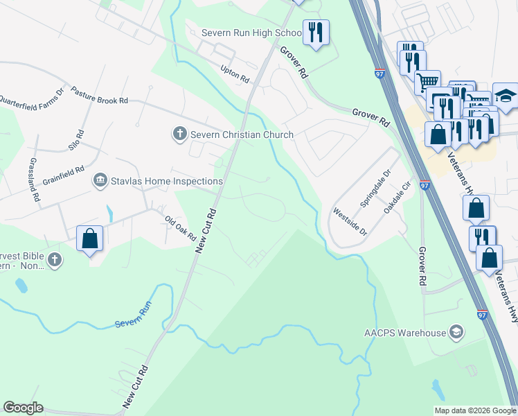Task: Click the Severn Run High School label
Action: tap(251, 33)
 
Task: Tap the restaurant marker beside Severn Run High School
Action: tap(316, 32)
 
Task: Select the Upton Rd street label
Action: tap(234, 74)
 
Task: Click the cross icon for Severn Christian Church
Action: tap(179, 134)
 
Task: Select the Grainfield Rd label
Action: tap(63, 168)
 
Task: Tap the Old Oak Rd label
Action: tap(181, 228)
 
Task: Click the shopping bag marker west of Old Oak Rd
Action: tap(89, 239)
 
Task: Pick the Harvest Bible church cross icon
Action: tap(55, 261)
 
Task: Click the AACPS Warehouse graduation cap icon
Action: tap(456, 333)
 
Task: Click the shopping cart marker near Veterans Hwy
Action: tap(428, 81)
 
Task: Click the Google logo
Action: tap(23, 408)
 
